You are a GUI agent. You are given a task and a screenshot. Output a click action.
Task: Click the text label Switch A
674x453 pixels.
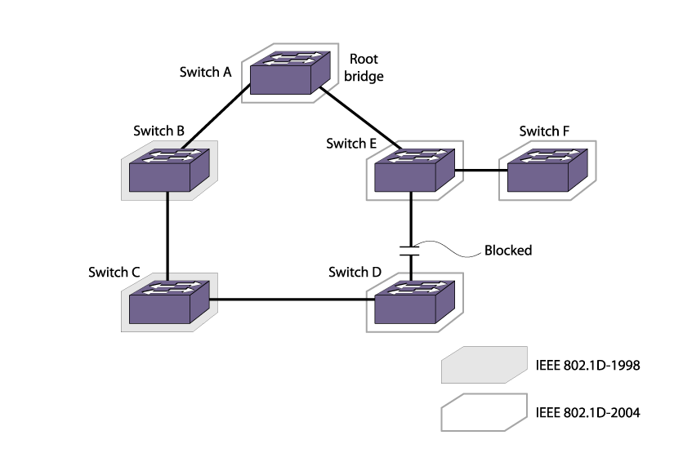(x=206, y=71)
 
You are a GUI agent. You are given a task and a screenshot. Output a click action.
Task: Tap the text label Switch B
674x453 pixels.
(x=158, y=131)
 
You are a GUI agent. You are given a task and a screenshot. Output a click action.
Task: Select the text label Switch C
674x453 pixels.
(x=114, y=272)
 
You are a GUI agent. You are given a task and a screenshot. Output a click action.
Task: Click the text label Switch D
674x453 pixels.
(x=355, y=271)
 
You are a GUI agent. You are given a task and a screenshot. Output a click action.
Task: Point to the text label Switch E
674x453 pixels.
(x=351, y=144)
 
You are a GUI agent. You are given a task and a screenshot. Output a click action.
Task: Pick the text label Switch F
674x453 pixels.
(x=545, y=131)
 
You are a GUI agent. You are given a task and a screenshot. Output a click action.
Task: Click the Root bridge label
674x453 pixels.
(x=366, y=67)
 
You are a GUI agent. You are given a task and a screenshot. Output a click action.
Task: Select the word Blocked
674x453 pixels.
(x=508, y=251)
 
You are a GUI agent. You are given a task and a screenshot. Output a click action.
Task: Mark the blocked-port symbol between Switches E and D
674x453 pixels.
(x=410, y=249)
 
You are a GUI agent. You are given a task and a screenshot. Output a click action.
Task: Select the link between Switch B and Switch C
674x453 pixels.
(x=167, y=233)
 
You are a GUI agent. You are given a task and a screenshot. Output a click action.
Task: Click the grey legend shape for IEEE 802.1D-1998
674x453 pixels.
(x=483, y=365)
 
